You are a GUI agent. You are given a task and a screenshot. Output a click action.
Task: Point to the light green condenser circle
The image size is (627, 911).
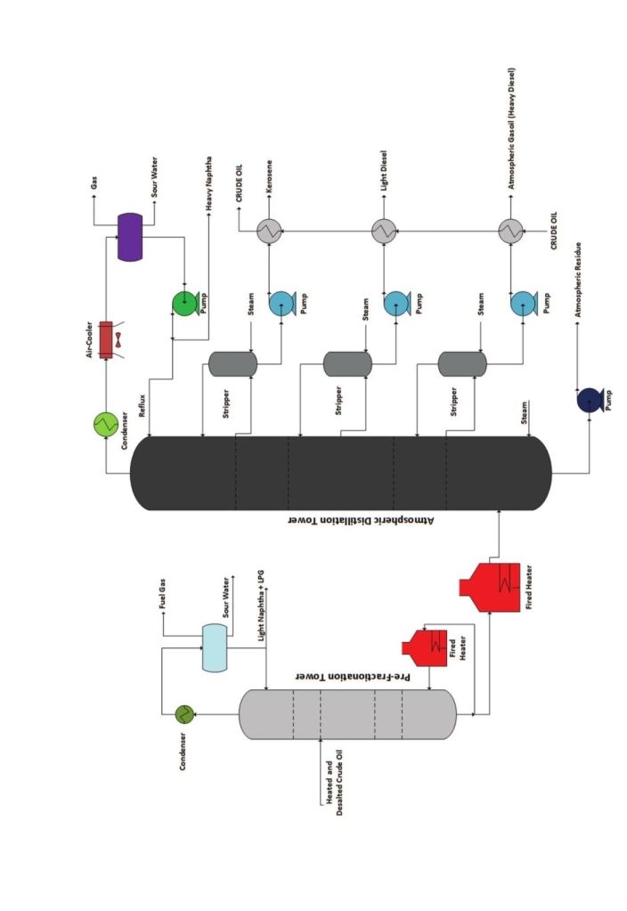pyautogui.click(x=106, y=425)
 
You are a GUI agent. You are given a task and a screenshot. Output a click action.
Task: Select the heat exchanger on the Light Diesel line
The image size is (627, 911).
pyautogui.click(x=384, y=232)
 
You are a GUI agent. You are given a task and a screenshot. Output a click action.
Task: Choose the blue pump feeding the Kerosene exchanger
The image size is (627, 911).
pyautogui.click(x=281, y=304)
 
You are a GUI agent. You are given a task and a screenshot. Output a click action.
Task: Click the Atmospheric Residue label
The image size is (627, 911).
pyautogui.click(x=580, y=292)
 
